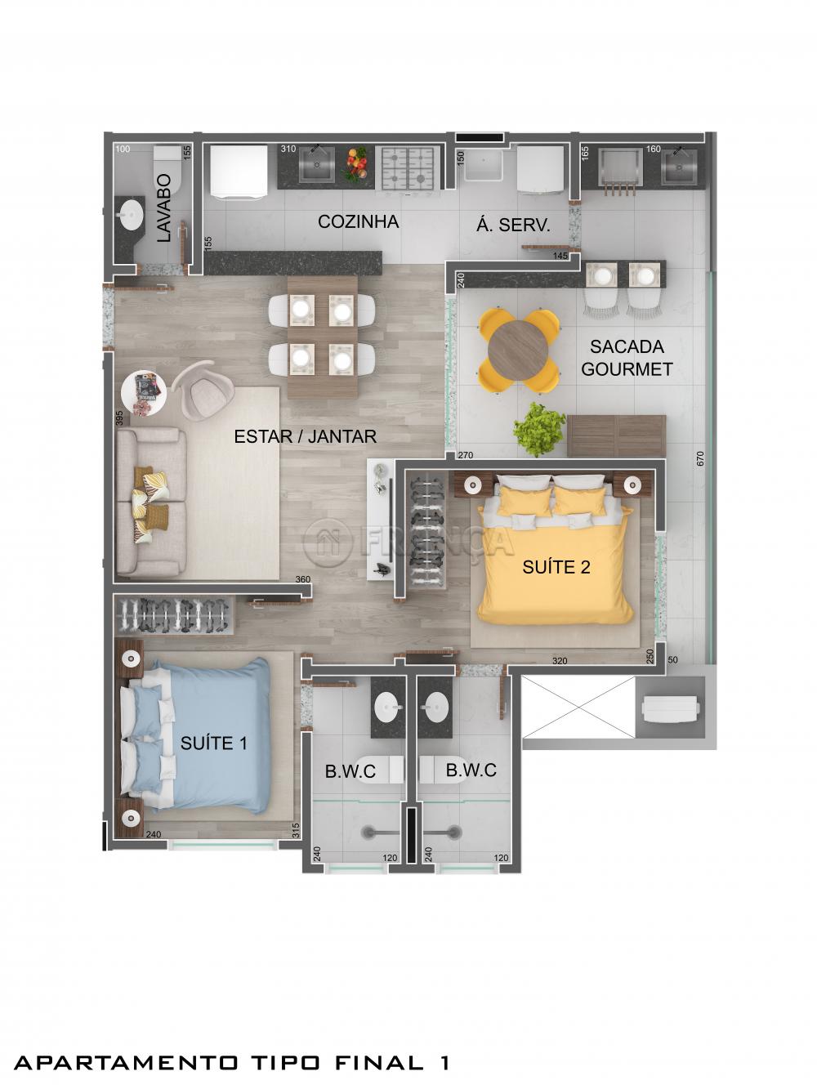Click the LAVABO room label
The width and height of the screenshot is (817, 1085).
click(163, 208)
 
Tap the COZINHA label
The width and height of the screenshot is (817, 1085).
click(358, 221)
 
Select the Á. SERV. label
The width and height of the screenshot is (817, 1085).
click(513, 225)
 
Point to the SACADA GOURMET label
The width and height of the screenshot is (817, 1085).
click(627, 358)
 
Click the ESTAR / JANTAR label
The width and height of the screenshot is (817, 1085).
click(305, 436)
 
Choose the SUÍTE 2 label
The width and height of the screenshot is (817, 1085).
click(556, 567)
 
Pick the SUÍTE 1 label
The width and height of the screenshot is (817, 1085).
click(214, 743)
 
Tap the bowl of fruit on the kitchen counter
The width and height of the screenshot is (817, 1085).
click(355, 163)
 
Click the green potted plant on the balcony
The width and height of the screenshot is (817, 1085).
click(539, 428)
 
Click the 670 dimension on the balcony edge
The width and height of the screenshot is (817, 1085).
click(700, 458)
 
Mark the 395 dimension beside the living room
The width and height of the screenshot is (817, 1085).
click(120, 418)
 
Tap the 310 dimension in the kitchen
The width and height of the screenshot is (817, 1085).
click(288, 150)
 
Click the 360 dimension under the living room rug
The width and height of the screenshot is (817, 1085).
click(303, 580)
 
